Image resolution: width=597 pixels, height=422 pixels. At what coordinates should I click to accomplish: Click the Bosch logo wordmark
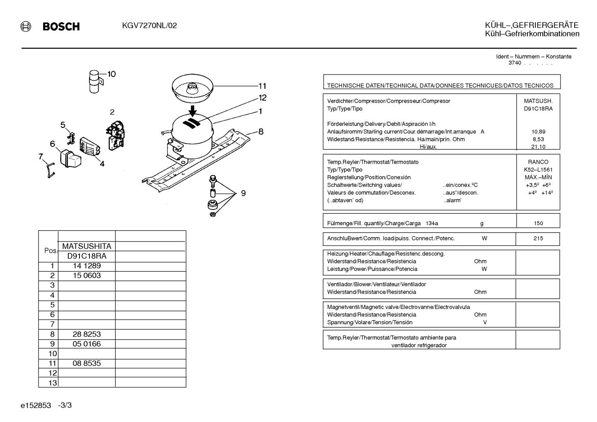[x=61, y=27]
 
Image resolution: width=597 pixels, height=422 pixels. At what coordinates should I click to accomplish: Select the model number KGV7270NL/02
[x=149, y=26]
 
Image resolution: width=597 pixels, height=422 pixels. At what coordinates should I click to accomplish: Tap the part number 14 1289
[x=87, y=266]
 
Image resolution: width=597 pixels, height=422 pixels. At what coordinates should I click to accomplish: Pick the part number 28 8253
[x=87, y=334]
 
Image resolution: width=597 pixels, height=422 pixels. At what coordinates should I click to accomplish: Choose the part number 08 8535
[x=87, y=363]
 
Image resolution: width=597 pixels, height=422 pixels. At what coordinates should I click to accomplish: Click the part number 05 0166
[x=87, y=344]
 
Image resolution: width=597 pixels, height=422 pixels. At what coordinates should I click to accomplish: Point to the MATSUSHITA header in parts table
[x=87, y=246]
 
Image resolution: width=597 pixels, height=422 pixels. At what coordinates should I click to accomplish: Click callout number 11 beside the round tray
[x=262, y=86]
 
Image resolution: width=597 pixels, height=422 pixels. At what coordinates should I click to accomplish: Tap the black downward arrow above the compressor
[x=193, y=111]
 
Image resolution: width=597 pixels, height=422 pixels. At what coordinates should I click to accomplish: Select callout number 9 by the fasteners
[x=243, y=193]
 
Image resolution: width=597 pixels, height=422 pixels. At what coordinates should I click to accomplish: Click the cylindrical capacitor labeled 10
[x=95, y=82]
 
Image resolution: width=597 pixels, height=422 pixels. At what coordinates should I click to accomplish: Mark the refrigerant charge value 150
[x=538, y=223]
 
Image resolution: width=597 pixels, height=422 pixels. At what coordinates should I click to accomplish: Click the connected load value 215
[x=538, y=238]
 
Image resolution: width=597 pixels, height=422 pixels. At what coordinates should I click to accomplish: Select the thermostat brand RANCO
[x=538, y=162]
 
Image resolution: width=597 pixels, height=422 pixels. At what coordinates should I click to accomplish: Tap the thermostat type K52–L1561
[x=538, y=170]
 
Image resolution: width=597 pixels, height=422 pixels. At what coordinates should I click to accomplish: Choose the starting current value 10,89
[x=538, y=132]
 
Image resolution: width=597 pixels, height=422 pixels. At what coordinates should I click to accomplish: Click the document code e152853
[x=36, y=405]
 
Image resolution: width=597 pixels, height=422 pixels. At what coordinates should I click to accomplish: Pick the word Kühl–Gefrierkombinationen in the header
[x=532, y=34]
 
